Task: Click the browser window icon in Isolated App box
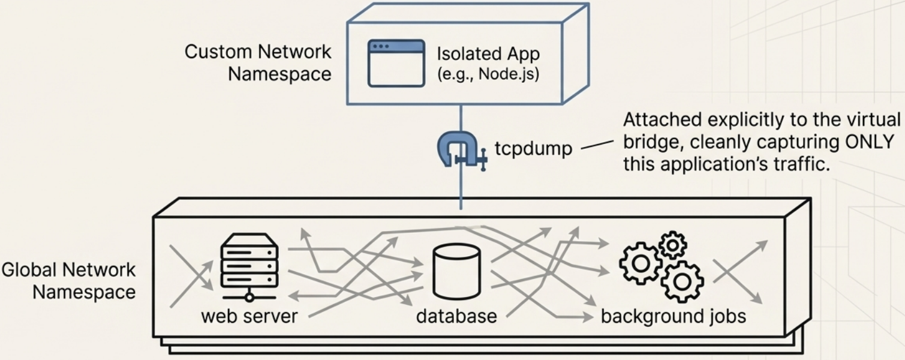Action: click(396, 63)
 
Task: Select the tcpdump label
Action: click(533, 148)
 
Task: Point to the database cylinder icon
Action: click(456, 271)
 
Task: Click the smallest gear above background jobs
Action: click(672, 245)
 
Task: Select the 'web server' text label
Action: click(249, 316)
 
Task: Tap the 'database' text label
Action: click(456, 316)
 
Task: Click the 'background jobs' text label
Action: click(673, 316)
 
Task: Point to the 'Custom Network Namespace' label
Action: click(258, 63)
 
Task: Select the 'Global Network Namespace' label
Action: click(69, 281)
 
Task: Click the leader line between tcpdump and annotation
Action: click(597, 145)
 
